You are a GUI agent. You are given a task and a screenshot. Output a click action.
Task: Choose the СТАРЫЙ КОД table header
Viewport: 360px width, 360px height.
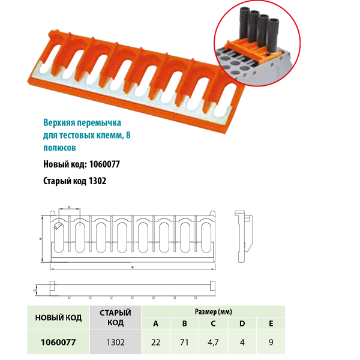pos(115,318)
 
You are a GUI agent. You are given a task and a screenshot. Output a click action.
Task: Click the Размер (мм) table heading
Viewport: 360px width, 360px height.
pos(214,312)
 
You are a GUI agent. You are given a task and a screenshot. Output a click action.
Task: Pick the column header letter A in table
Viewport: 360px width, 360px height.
pos(156,325)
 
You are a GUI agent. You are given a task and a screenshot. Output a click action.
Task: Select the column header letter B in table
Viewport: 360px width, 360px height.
pos(185,325)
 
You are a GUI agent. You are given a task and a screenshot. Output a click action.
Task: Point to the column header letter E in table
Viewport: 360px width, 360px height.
pos(271,325)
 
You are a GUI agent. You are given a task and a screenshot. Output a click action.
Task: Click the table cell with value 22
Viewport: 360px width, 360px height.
pos(156,343)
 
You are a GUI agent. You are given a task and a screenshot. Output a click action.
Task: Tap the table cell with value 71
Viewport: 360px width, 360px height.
pos(185,343)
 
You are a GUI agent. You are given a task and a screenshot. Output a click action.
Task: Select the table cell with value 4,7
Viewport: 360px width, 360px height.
pos(214,343)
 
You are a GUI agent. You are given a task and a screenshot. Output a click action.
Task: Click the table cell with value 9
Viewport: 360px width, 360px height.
pos(271,343)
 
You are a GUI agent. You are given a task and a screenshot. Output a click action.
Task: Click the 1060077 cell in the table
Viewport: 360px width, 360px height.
pos(58,343)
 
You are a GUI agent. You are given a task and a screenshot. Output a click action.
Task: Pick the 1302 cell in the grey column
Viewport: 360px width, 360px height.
pos(115,343)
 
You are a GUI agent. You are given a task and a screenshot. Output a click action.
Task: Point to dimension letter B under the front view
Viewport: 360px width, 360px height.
pos(131,268)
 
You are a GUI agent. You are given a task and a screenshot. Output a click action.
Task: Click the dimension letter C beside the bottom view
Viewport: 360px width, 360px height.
pos(36,289)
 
